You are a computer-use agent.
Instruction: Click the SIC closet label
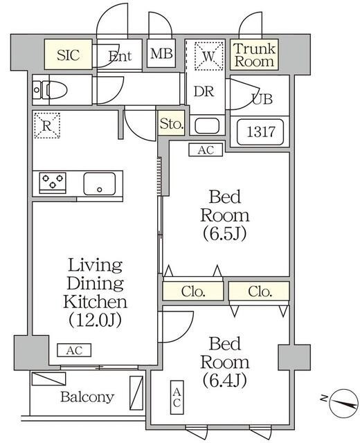click(68, 55)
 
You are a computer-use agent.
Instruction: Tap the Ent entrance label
click(119, 57)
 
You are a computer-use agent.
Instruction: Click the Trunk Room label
click(253, 55)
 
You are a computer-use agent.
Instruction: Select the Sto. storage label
click(171, 125)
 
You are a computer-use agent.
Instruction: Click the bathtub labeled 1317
click(260, 132)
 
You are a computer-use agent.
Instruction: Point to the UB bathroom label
click(262, 99)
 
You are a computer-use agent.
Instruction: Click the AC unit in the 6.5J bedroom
click(206, 148)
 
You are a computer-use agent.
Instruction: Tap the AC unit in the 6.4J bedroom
click(178, 397)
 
